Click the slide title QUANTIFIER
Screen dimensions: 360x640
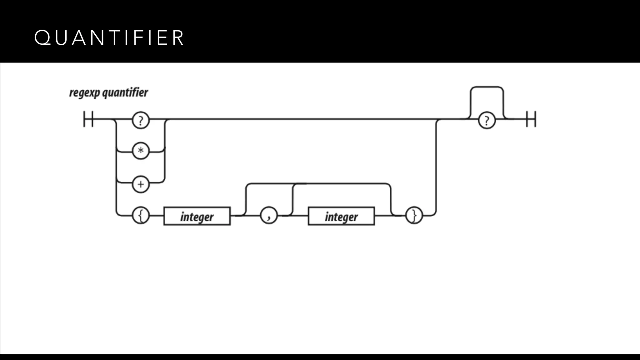pyautogui.click(x=109, y=38)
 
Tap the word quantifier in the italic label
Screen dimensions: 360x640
pyautogui.click(x=125, y=93)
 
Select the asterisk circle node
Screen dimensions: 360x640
pyautogui.click(x=141, y=151)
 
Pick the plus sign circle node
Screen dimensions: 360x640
pyautogui.click(x=141, y=184)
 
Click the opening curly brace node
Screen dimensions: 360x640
pyautogui.click(x=141, y=216)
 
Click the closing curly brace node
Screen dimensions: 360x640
pyautogui.click(x=414, y=216)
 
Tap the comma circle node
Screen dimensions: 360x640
pyautogui.click(x=269, y=216)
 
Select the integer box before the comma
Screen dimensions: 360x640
pyautogui.click(x=197, y=216)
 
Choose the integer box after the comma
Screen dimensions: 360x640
pyautogui.click(x=341, y=216)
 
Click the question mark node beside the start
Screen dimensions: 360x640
pyautogui.click(x=141, y=121)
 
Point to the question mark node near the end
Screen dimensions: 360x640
pyautogui.click(x=487, y=121)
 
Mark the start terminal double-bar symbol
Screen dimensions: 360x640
pyautogui.click(x=88, y=119)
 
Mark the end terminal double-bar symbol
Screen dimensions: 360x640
pyautogui.click(x=531, y=119)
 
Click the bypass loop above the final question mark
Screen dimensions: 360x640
pyautogui.click(x=487, y=87)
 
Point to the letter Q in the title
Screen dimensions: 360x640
pyautogui.click(x=42, y=38)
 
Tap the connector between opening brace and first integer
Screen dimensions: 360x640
pyautogui.click(x=157, y=216)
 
